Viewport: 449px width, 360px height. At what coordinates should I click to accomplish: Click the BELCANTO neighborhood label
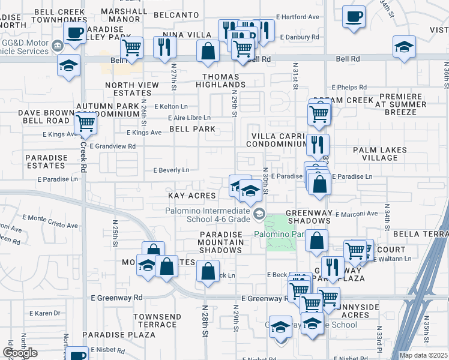176,14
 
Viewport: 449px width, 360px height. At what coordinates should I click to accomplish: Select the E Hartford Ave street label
298,17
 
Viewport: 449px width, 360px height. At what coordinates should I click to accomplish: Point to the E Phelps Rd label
349,87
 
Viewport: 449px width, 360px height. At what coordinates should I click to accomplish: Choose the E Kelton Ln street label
157,106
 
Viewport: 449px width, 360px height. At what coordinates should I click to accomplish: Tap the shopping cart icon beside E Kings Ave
85,124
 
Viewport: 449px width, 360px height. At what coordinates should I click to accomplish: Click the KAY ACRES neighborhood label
192,196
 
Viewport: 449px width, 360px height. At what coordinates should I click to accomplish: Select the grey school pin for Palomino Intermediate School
259,214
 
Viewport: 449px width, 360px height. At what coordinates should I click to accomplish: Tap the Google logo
20,352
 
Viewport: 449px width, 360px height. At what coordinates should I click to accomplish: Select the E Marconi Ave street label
357,214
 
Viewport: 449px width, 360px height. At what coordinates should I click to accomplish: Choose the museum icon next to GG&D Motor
58,45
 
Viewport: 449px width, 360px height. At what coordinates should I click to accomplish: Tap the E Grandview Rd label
112,146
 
